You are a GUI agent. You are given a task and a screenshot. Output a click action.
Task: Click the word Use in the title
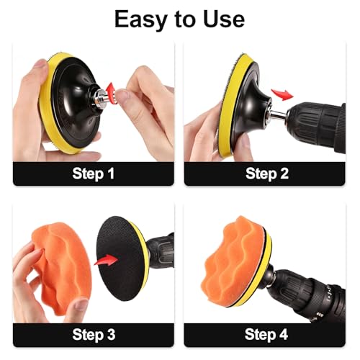click(x=224, y=19)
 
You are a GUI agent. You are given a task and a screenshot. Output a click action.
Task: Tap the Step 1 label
click(x=94, y=174)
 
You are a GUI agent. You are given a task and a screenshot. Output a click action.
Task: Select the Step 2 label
click(x=267, y=174)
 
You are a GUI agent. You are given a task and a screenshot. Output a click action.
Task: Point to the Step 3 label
click(x=94, y=335)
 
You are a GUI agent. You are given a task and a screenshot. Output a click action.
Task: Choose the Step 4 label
click(x=266, y=335)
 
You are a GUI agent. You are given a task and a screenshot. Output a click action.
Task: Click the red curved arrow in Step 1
click(x=111, y=94)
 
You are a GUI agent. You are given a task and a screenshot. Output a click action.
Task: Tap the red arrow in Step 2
click(x=282, y=94)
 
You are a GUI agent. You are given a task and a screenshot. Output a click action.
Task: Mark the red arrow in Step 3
click(x=106, y=260)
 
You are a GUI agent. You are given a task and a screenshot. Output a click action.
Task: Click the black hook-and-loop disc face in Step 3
click(x=120, y=258)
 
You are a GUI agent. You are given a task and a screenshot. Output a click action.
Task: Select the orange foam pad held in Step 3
click(x=62, y=268)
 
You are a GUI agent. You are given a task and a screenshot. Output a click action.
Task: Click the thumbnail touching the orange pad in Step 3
click(x=80, y=305)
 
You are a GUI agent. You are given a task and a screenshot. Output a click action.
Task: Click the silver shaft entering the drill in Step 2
click(x=279, y=114)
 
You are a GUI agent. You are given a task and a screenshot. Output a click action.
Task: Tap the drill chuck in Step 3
click(x=161, y=251)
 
